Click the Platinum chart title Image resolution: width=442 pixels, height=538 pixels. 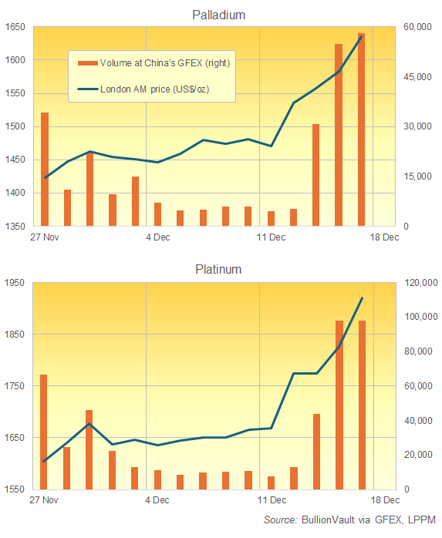[218, 270]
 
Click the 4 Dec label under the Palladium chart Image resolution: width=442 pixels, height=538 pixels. [158, 237]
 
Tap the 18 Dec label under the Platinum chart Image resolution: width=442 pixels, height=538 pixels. [384, 499]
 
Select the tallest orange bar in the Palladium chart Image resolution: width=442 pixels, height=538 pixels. [361, 129]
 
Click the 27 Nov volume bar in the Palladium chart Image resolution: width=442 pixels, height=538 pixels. [45, 169]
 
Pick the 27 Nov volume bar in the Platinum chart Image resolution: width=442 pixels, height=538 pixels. [44, 432]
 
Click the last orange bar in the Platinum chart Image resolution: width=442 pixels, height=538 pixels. [362, 405]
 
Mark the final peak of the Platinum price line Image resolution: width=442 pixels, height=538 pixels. [362, 298]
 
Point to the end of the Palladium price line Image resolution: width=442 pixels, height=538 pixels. [361, 36]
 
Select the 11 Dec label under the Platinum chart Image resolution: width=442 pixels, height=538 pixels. [271, 499]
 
